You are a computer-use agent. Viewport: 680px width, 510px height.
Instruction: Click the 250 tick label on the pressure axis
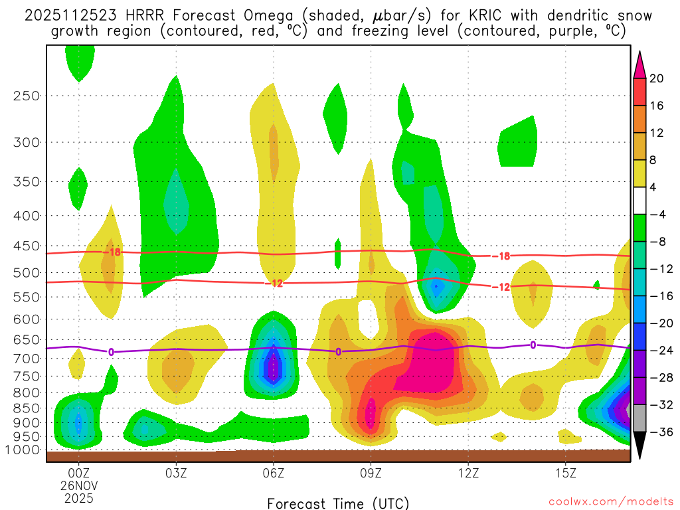tap(27, 96)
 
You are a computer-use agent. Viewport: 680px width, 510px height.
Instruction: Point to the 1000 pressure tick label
tap(24, 450)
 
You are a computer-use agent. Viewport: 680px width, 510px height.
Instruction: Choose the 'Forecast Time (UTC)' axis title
tap(338, 503)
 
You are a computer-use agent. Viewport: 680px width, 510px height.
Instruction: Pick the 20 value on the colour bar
tap(657, 78)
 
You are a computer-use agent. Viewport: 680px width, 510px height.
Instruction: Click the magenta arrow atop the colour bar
tap(640, 64)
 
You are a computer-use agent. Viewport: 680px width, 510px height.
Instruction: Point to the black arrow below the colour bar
tap(640, 446)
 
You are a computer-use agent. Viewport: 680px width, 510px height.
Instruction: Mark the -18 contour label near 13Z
tap(500, 256)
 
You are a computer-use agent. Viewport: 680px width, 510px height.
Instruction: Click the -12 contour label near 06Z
tap(274, 284)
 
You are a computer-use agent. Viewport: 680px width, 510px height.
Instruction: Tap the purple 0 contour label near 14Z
tap(533, 344)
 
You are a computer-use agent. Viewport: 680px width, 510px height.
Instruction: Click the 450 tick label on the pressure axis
tap(27, 246)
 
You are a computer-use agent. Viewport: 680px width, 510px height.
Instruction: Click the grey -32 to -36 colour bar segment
tap(640, 418)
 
